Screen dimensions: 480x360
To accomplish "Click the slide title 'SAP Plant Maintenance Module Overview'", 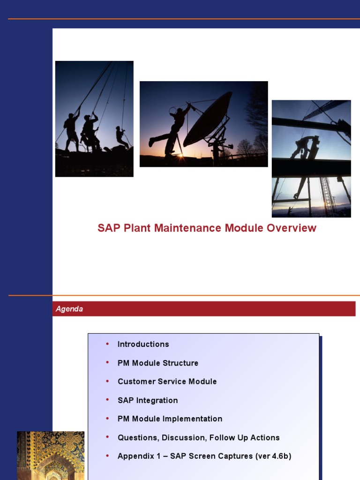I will coord(207,228).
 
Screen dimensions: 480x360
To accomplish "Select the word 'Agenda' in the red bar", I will coord(69,309).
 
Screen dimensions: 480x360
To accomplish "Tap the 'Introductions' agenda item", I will coord(143,344).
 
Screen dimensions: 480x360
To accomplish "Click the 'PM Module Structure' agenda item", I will coord(157,363).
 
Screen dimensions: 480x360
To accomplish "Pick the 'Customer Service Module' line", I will coord(167,382).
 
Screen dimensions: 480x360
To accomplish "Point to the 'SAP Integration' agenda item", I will coord(148,400).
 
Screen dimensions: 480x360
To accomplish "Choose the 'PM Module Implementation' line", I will coord(170,419).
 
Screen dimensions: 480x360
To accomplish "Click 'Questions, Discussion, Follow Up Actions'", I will coord(198,437).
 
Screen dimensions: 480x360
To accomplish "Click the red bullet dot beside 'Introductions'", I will coord(107,344).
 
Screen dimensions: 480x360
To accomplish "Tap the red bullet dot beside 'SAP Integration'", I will coord(107,400).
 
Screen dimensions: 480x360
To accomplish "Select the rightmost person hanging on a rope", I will coord(121,136).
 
